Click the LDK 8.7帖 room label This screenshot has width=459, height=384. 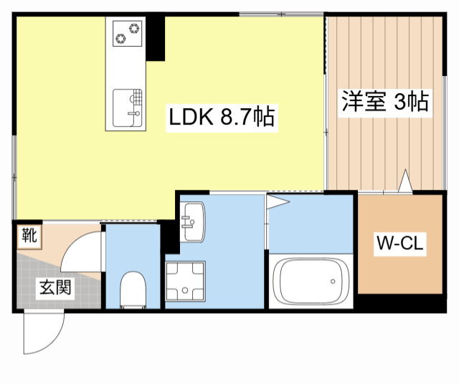(x=222, y=117)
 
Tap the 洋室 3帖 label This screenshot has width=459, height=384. (x=385, y=102)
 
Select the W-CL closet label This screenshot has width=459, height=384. (x=400, y=244)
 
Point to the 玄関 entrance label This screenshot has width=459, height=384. (x=55, y=287)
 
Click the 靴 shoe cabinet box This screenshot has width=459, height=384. (x=29, y=236)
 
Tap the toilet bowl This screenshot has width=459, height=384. (x=133, y=289)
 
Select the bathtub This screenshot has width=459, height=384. (x=311, y=282)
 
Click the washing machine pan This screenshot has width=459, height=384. (x=185, y=281)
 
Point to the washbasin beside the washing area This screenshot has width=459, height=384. (x=191, y=221)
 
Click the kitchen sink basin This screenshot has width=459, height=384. (x=128, y=108)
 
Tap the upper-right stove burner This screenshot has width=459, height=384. (x=134, y=29)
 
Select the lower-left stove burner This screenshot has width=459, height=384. (x=120, y=38)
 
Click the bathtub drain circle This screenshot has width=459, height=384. (x=333, y=282)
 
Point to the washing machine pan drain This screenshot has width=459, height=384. (x=185, y=290)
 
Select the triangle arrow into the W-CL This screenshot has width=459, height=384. (x=405, y=181)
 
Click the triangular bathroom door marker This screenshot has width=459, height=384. (x=278, y=201)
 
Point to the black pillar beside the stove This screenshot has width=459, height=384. (x=156, y=38)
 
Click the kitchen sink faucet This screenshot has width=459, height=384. (x=134, y=113)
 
